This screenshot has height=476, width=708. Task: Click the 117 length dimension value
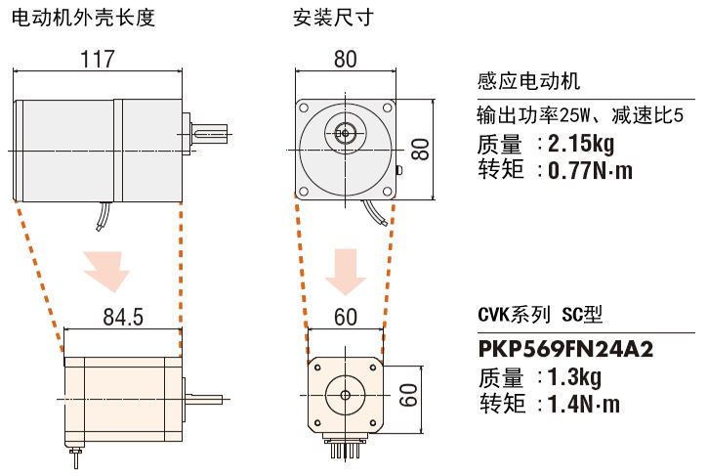pos(98,59)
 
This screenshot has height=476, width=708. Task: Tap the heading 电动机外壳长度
pos(83,17)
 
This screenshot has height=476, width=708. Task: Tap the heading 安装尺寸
pos(332,17)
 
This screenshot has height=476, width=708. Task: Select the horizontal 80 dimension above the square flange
pos(345,59)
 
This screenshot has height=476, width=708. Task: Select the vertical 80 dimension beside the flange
pos(419,149)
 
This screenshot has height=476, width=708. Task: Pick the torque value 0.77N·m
pos(590,171)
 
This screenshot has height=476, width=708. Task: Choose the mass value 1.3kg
pos(575,377)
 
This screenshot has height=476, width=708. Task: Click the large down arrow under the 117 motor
pos(106,270)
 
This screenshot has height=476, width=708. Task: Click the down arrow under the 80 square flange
pos(345,270)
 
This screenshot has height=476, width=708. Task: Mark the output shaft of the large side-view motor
pos(209,131)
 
